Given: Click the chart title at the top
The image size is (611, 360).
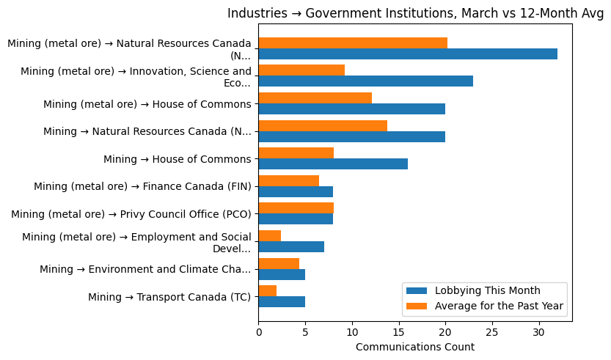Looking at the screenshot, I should (415, 13).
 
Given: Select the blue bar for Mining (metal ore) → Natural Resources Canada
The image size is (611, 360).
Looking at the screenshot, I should (408, 54).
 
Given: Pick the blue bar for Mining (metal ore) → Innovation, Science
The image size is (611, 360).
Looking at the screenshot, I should (365, 81).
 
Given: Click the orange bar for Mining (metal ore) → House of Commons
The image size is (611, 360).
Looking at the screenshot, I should (315, 98).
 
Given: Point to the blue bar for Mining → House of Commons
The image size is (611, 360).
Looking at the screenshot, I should (333, 164).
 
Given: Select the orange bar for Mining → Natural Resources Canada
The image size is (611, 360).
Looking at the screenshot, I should (323, 125).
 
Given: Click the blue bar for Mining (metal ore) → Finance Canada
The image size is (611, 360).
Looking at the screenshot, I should (296, 191).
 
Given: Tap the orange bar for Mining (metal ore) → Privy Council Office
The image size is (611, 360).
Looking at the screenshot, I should (296, 208).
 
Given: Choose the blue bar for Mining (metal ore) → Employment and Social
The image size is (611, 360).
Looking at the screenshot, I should (291, 247).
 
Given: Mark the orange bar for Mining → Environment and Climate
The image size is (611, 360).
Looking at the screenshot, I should (279, 263).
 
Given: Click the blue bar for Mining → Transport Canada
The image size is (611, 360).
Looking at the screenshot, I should (282, 302).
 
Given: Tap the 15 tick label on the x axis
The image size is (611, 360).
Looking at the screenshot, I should (399, 332).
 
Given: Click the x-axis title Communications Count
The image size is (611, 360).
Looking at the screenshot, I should (415, 347).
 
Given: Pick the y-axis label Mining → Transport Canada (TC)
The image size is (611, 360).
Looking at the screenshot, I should (169, 297).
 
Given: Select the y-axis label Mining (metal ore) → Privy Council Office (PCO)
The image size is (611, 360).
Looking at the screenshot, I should (131, 214).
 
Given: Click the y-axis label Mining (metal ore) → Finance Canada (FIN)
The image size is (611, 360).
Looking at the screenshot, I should (142, 186).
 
